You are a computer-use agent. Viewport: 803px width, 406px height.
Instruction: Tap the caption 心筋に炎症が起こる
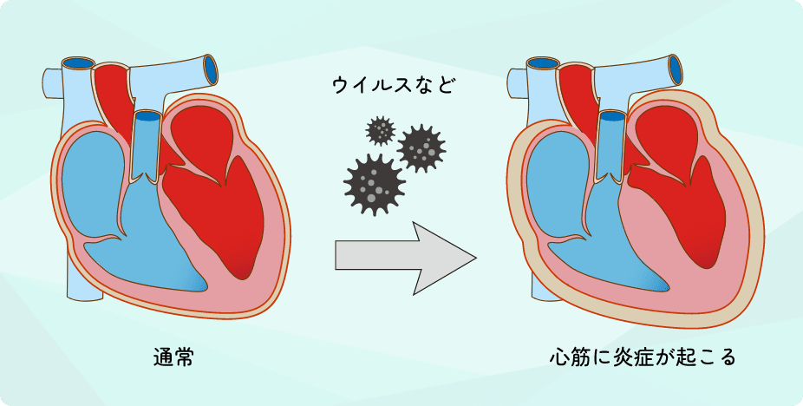pos(643,357)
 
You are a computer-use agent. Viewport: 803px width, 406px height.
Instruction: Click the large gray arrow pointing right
pos(403,258)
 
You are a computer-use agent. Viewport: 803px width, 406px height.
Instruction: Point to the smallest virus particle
pos(380,131)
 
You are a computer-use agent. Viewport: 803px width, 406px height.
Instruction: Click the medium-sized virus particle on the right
pos(421,149)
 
